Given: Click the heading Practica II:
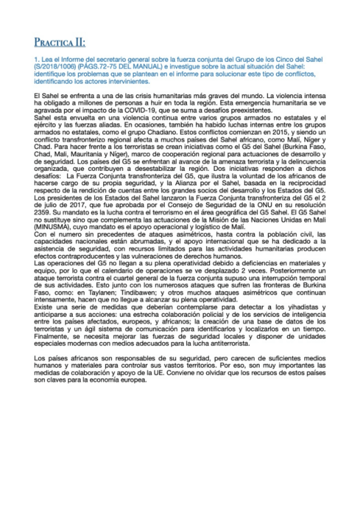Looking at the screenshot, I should (x=59, y=42).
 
